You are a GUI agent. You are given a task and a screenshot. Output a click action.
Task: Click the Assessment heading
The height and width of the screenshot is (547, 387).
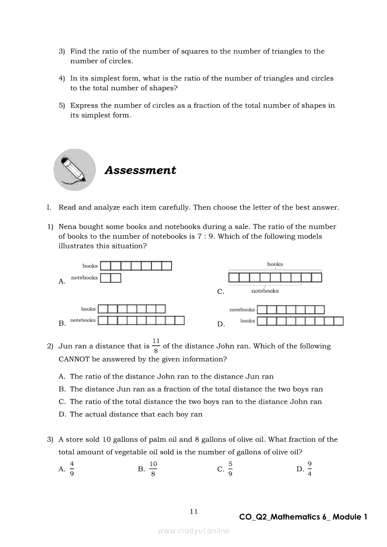tap(140, 170)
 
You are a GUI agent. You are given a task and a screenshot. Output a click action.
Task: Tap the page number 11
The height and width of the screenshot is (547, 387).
tap(194, 511)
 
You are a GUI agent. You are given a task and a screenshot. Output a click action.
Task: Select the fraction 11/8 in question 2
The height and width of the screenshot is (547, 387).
tap(156, 346)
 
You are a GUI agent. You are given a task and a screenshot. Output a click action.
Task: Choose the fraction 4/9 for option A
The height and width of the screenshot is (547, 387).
tap(72, 468)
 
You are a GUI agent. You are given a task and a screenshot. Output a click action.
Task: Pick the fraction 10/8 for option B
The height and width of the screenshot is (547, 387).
tap(153, 468)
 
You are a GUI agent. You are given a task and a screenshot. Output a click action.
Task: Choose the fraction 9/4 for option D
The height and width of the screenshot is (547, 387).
tap(310, 468)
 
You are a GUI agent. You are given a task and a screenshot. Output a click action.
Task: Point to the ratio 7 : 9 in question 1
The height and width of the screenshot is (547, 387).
tap(204, 236)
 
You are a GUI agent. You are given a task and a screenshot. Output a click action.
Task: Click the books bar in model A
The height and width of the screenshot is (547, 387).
tap(136, 266)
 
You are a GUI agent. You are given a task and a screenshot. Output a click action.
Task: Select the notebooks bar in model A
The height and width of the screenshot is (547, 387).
tap(111, 278)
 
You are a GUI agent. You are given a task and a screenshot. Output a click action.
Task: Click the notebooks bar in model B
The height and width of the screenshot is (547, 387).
tap(141, 321)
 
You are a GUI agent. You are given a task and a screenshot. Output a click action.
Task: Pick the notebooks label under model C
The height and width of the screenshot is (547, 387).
tap(265, 291)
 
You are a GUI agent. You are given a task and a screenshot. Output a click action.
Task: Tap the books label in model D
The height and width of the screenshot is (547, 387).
tap(247, 321)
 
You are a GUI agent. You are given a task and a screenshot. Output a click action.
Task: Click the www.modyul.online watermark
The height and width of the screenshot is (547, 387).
tap(193, 531)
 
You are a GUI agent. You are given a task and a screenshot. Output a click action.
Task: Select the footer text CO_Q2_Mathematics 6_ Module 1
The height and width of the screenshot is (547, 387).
tap(303, 517)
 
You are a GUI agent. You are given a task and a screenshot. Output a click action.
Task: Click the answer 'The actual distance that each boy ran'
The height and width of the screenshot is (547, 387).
tap(136, 414)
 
